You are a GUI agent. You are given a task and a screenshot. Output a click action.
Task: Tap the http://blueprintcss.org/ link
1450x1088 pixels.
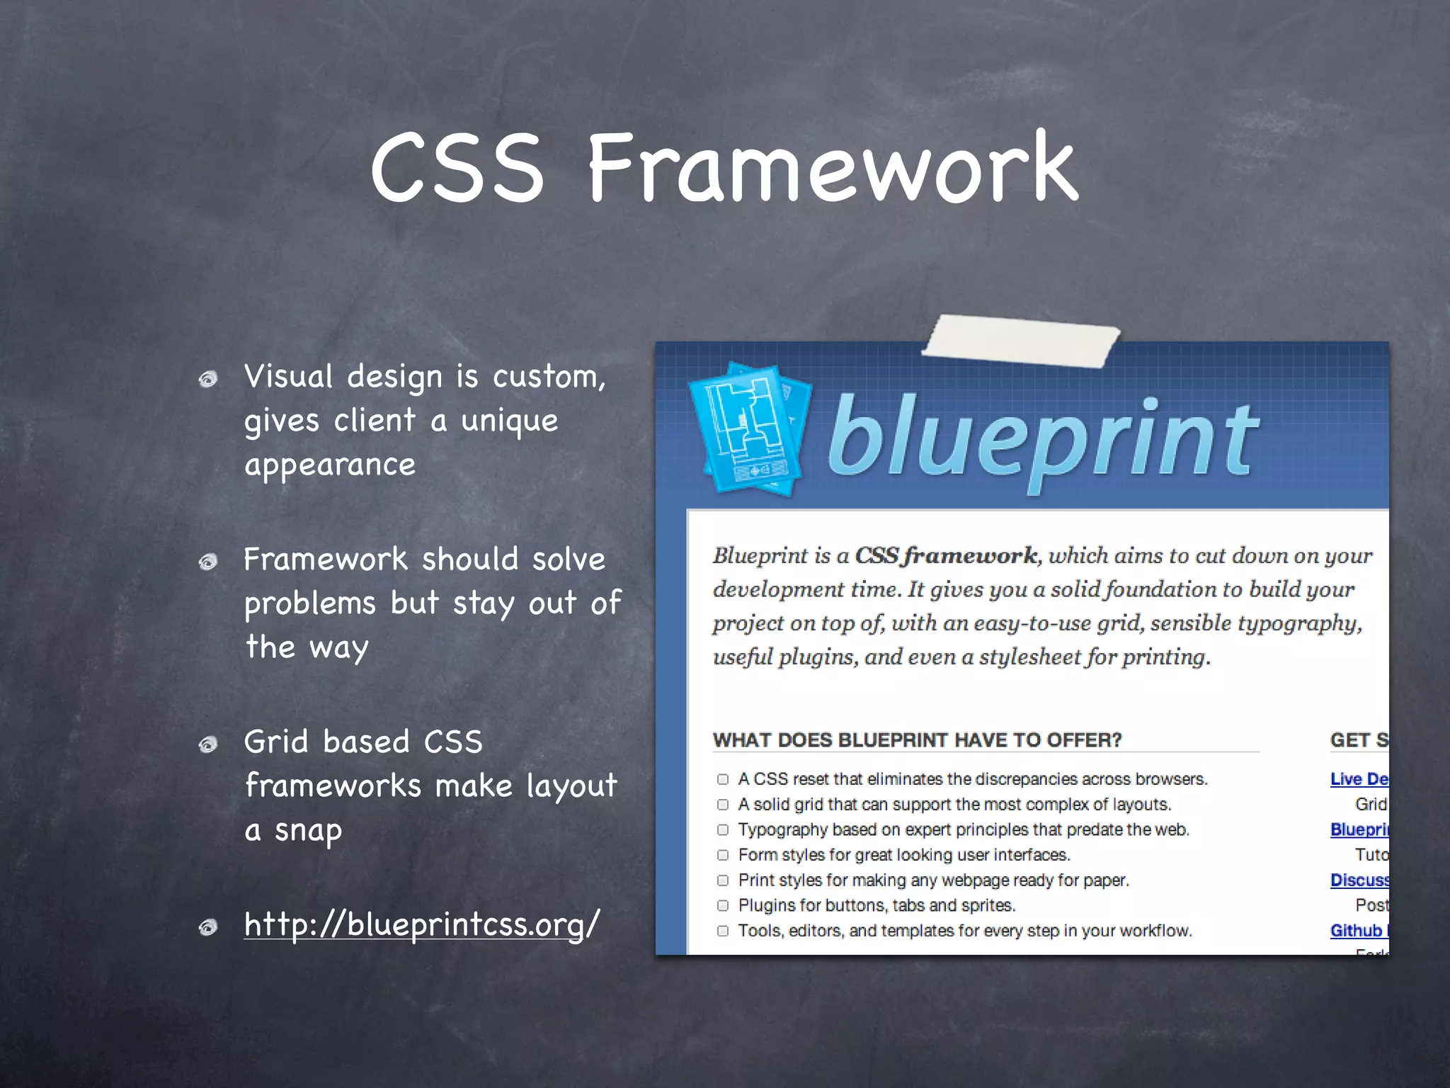[x=421, y=924]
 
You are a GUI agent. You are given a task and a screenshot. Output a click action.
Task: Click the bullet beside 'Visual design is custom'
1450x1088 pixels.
[x=207, y=380]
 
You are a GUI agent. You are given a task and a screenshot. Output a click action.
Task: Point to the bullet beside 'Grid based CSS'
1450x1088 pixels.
[x=207, y=744]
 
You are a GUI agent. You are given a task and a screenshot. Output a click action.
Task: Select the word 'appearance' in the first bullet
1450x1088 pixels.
[x=330, y=465]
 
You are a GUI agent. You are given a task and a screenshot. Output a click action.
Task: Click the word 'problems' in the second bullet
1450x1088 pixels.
[x=310, y=603]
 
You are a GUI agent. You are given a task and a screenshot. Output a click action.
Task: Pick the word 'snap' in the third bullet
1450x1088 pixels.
[x=308, y=830]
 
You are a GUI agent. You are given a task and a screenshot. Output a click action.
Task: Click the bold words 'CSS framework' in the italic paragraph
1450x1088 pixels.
[x=946, y=555]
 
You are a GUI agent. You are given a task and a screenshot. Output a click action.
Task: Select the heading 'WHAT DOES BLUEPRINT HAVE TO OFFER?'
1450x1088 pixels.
[x=917, y=740]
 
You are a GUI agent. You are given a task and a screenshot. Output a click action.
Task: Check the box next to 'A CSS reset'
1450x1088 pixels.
[x=723, y=779]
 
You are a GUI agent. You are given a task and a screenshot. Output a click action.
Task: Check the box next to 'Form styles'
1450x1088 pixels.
[x=723, y=855]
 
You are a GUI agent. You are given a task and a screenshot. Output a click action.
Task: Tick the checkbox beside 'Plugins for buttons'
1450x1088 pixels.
[x=723, y=905]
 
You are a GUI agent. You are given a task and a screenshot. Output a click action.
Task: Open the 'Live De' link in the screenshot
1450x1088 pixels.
[x=1359, y=779]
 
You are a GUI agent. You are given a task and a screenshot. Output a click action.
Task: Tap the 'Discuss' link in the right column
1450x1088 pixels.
[x=1359, y=880]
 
